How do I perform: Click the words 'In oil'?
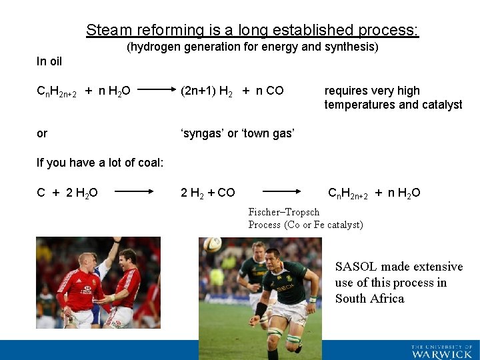coord(49,61)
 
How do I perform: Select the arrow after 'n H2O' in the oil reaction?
coord(155,91)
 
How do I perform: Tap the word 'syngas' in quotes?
coord(203,133)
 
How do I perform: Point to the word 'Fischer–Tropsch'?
coord(283,212)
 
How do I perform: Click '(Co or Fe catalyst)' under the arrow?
coord(323,225)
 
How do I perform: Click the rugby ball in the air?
coord(213,245)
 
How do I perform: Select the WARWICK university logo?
coord(441,351)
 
